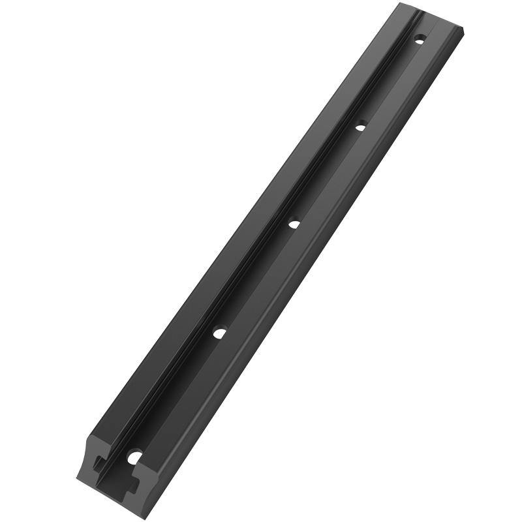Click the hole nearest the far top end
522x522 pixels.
[420, 40]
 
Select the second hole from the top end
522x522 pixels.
[360, 127]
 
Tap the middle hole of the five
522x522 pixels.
[294, 224]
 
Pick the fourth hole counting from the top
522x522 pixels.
[220, 333]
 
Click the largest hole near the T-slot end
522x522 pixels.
[135, 457]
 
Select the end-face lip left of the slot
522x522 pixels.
[88, 467]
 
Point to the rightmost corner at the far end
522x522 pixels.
[463, 29]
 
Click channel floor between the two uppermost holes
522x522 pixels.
[390, 83]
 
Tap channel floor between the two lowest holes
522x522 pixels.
[177, 395]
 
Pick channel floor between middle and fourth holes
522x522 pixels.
[257, 278]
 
